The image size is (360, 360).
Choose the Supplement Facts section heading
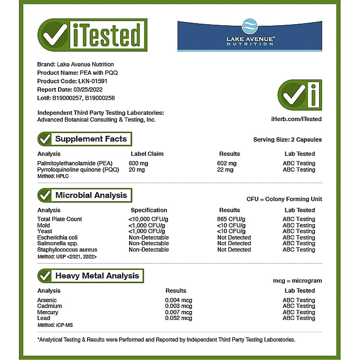coord(90,139)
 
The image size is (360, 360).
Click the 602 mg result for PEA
coord(226,163)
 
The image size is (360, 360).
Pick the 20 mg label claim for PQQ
coord(137,170)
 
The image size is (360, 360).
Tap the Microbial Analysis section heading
coord(90,195)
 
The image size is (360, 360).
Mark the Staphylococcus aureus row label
coord(67,250)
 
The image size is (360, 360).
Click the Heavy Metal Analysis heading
coord(97,275)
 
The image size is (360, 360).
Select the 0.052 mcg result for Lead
coord(179,318)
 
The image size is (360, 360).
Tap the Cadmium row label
coord(49,306)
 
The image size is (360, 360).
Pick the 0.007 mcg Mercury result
coord(179,312)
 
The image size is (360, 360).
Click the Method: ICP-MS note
coord(54,324)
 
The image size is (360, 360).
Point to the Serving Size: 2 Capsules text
coord(288,139)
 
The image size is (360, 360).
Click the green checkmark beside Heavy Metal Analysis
coord(45,275)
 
